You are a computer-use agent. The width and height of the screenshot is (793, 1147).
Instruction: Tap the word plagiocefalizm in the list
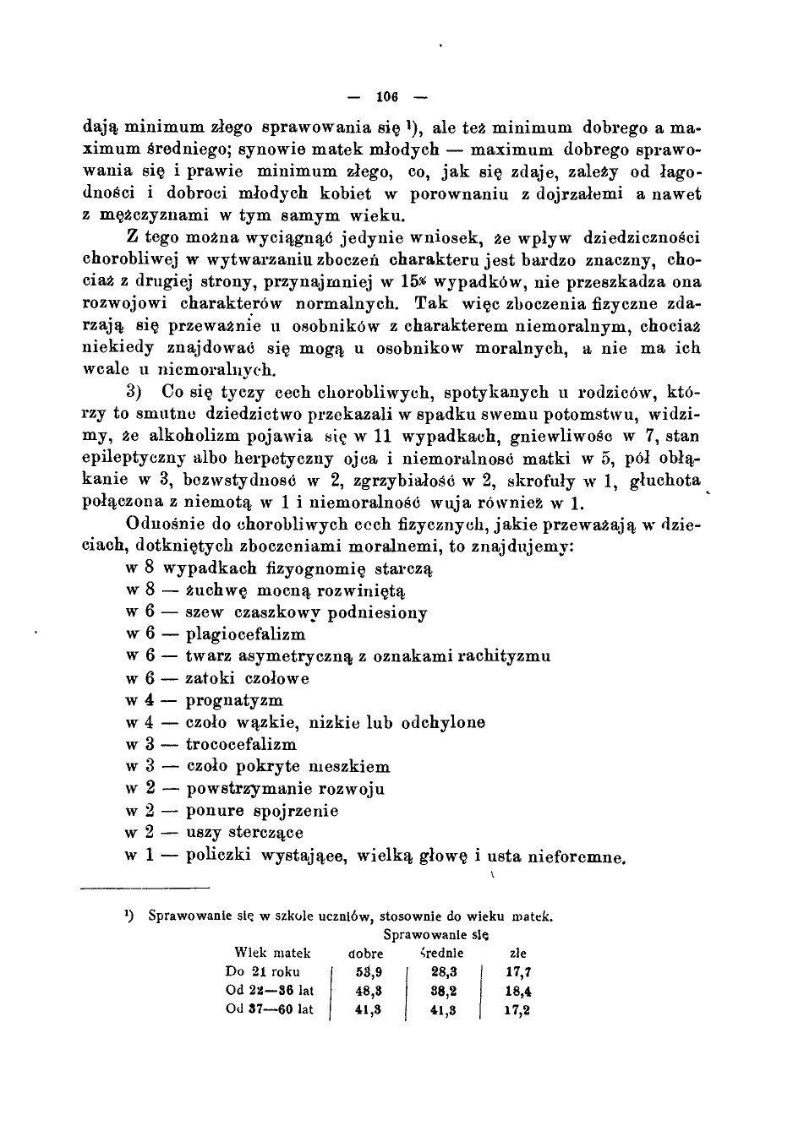(245, 634)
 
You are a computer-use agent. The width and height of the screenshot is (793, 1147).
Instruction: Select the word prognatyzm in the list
(234, 700)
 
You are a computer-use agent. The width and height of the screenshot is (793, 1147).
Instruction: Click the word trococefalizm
(241, 744)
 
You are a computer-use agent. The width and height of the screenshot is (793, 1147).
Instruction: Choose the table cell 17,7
(517, 972)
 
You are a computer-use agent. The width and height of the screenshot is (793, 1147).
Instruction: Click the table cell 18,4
(517, 991)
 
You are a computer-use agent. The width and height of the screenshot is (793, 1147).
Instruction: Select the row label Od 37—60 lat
(270, 1009)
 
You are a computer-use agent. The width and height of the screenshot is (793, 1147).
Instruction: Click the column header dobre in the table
(366, 953)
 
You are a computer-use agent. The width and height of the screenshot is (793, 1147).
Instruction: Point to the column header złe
(519, 953)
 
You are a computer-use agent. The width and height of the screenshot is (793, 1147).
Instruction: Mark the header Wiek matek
(272, 953)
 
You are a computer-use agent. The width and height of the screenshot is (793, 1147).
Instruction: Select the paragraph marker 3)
(137, 393)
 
